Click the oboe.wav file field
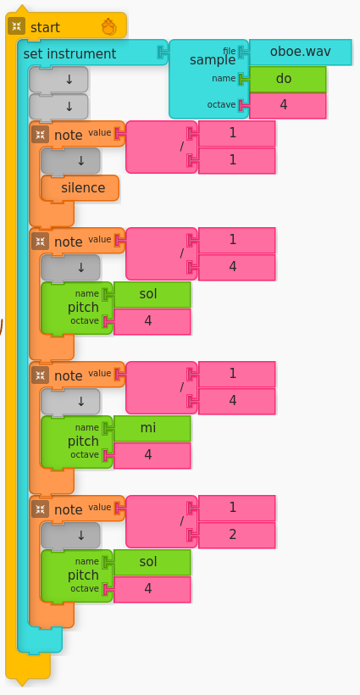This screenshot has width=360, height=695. tap(300, 52)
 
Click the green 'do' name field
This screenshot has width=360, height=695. tap(288, 79)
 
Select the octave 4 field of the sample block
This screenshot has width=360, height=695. tap(288, 105)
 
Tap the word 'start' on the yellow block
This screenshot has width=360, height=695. tap(45, 27)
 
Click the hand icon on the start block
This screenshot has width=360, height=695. tap(108, 27)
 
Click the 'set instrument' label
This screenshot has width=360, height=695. tap(69, 53)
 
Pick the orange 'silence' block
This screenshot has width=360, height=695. tap(83, 187)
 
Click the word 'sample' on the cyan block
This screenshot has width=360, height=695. tap(212, 59)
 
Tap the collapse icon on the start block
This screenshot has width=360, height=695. tap(16, 26)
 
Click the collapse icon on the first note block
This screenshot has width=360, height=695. tap(40, 134)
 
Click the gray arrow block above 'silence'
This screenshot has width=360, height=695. tap(71, 160)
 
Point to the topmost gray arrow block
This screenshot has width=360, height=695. tap(58, 80)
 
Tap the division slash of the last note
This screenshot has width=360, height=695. tap(181, 521)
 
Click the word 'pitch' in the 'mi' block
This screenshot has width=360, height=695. tap(83, 441)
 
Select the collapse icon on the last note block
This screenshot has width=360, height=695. tap(40, 509)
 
